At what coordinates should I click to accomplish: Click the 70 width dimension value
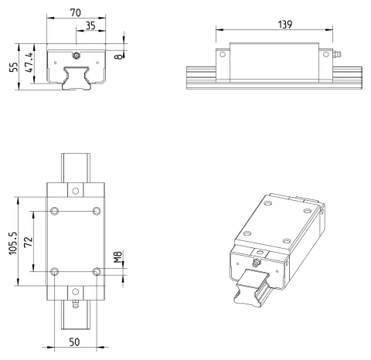click(76, 12)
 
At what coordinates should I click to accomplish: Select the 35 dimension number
click(90, 25)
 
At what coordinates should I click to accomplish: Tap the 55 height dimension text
click(14, 66)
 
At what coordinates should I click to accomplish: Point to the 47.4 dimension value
click(29, 63)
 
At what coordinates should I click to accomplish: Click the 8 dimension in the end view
click(119, 56)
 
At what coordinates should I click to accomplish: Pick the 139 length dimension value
click(285, 25)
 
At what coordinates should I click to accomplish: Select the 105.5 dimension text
click(13, 243)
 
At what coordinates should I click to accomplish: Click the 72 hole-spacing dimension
click(29, 242)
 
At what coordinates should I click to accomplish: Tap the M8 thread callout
click(117, 257)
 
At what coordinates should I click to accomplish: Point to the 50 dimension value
click(74, 342)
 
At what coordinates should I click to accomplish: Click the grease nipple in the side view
click(337, 55)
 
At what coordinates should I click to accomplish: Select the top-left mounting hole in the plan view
click(54, 211)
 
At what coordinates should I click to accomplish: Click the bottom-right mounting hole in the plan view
click(97, 271)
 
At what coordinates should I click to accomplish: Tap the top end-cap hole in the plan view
click(76, 191)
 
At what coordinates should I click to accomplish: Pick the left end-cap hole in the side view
click(223, 55)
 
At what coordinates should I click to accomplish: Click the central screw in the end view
click(76, 56)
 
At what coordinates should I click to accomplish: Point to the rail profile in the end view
click(77, 78)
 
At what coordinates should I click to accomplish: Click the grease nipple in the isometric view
click(256, 263)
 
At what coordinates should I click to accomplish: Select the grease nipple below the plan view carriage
click(76, 304)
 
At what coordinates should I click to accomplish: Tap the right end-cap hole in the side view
click(326, 54)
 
